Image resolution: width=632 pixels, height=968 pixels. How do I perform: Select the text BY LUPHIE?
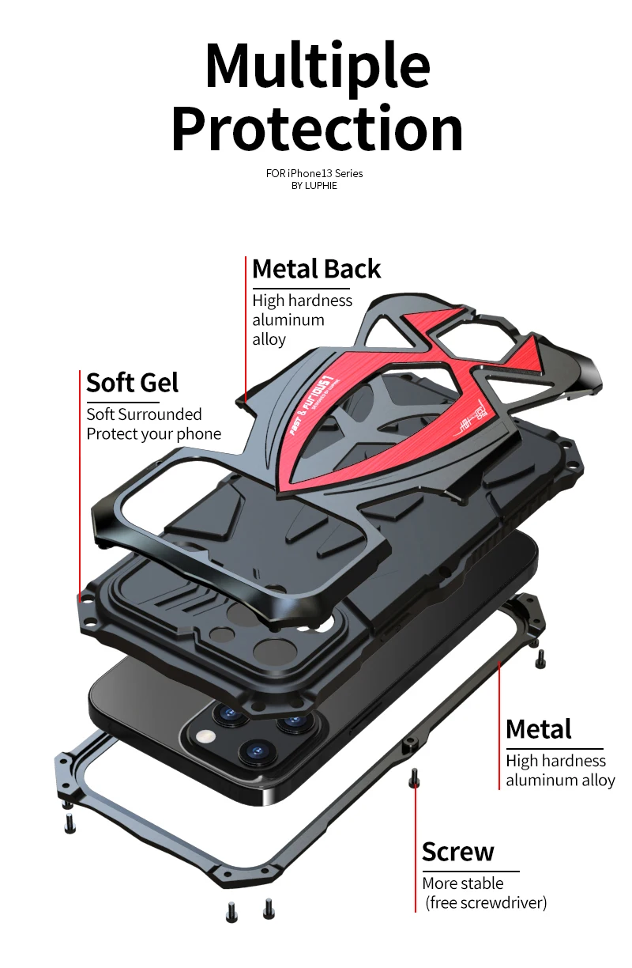pos(314,186)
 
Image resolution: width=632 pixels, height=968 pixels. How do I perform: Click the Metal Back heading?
pos(316,269)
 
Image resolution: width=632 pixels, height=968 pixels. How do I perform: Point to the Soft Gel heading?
pos(132,383)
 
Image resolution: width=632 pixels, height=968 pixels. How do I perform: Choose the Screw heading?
pos(457,852)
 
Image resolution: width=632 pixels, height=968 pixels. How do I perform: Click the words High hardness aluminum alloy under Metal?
pos(559,770)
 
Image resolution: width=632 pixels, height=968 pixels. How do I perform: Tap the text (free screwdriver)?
pos(485,902)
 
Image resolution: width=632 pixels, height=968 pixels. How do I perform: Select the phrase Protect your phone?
pos(153,433)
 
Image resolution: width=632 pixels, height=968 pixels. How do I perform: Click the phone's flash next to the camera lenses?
pos(208,736)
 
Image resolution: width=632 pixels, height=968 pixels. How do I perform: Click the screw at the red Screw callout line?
pos(413,781)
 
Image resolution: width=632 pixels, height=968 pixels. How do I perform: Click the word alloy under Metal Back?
pos(269,338)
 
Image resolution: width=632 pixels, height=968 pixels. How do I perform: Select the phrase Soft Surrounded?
pos(144,414)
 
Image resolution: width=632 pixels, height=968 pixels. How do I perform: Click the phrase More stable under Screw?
pos(462,883)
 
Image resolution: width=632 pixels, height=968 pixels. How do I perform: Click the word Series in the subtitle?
pos(348,173)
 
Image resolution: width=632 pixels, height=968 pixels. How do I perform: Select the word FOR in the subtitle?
pos(274,173)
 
